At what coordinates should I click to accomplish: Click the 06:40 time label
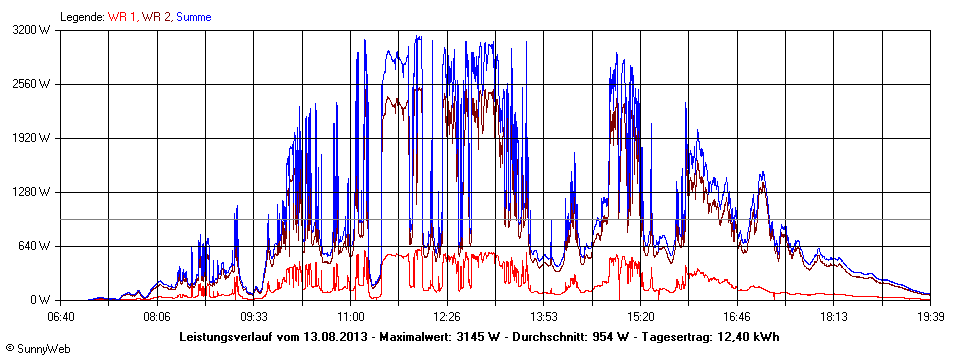click(61, 317)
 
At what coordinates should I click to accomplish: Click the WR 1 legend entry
click(125, 17)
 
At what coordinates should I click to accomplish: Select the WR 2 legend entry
click(158, 17)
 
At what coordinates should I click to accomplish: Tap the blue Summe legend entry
click(194, 17)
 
